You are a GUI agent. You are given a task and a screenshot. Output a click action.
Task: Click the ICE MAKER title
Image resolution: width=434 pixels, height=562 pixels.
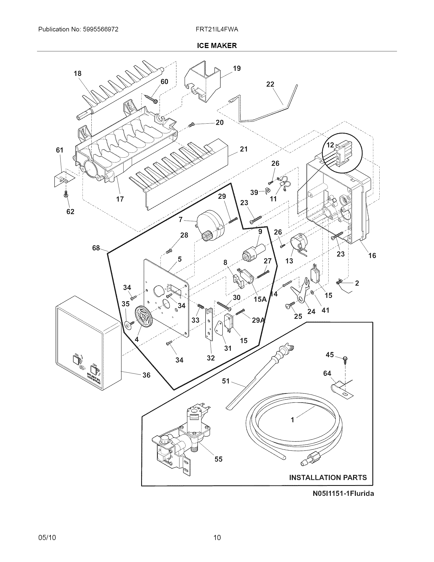(217, 45)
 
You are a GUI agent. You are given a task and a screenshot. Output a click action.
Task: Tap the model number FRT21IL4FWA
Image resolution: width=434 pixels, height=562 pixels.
(217, 29)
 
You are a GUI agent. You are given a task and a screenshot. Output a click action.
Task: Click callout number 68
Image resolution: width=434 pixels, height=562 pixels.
(96, 248)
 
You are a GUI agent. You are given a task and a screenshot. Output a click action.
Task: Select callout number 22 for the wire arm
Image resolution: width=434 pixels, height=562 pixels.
(270, 84)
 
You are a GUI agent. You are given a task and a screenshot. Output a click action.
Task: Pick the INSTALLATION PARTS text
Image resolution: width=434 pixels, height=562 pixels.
(328, 478)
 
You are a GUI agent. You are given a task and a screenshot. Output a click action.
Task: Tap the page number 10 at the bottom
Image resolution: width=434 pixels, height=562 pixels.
(217, 537)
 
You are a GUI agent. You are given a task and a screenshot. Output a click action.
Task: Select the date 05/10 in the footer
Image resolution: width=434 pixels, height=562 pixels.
(47, 537)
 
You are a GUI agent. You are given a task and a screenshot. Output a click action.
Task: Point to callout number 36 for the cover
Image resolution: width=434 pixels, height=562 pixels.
(146, 375)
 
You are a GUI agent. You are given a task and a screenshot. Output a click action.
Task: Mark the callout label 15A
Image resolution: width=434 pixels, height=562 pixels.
(260, 299)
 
